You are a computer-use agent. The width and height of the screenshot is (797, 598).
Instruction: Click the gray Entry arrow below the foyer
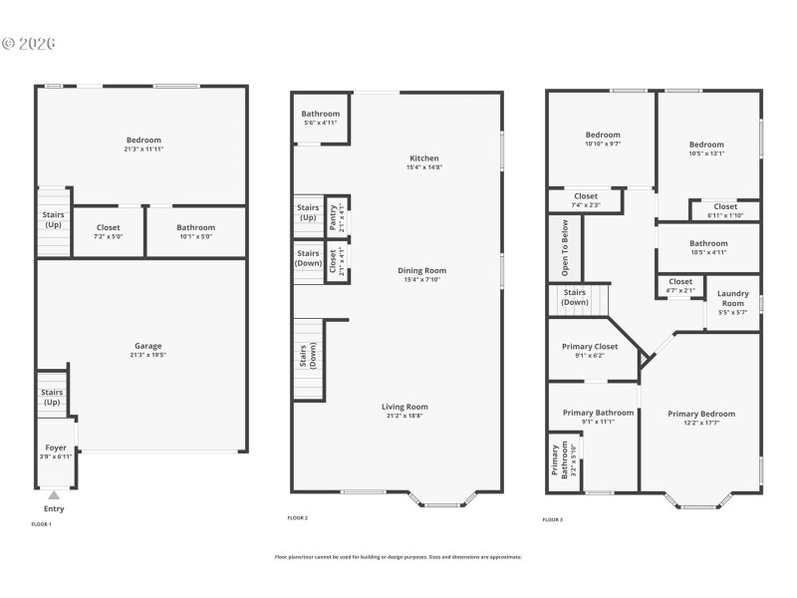click(x=54, y=494)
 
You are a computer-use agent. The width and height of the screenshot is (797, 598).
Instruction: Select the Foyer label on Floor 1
click(x=56, y=448)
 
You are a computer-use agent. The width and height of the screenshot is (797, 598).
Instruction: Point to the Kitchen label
click(x=423, y=158)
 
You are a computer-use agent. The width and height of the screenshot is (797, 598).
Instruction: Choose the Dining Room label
click(x=423, y=270)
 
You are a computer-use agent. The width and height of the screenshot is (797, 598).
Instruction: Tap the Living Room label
click(x=404, y=407)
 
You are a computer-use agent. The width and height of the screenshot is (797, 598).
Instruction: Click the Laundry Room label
click(x=732, y=299)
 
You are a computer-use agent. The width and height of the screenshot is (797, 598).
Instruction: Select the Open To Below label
click(x=565, y=247)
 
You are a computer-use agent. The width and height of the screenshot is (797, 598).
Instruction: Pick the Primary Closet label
click(x=590, y=347)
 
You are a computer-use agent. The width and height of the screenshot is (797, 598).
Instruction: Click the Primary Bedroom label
click(x=701, y=414)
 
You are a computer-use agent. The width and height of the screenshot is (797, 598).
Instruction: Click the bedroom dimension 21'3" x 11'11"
click(x=143, y=149)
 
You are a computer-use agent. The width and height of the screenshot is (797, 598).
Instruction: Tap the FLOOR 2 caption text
click(x=298, y=518)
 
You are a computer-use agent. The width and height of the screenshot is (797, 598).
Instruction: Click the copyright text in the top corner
click(x=29, y=43)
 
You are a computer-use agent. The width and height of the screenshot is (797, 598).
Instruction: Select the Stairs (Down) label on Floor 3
click(x=575, y=297)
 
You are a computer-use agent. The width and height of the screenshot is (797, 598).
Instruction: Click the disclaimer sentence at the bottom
click(x=398, y=557)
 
